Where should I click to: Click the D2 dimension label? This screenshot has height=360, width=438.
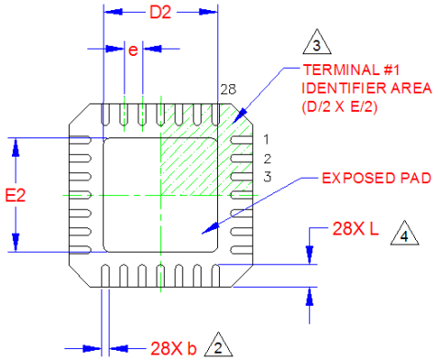click(160, 13)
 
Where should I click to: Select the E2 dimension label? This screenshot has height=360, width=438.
click(16, 195)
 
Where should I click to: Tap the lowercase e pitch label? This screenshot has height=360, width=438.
click(133, 49)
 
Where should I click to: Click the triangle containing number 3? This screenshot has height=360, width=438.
click(317, 42)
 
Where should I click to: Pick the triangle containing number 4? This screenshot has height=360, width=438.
click(404, 233)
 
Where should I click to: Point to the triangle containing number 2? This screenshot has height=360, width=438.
click(218, 344)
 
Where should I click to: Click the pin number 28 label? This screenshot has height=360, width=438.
click(228, 90)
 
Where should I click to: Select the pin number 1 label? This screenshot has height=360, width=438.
click(267, 139)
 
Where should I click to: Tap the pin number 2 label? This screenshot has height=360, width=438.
click(268, 158)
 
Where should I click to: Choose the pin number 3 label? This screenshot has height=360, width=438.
click(268, 177)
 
